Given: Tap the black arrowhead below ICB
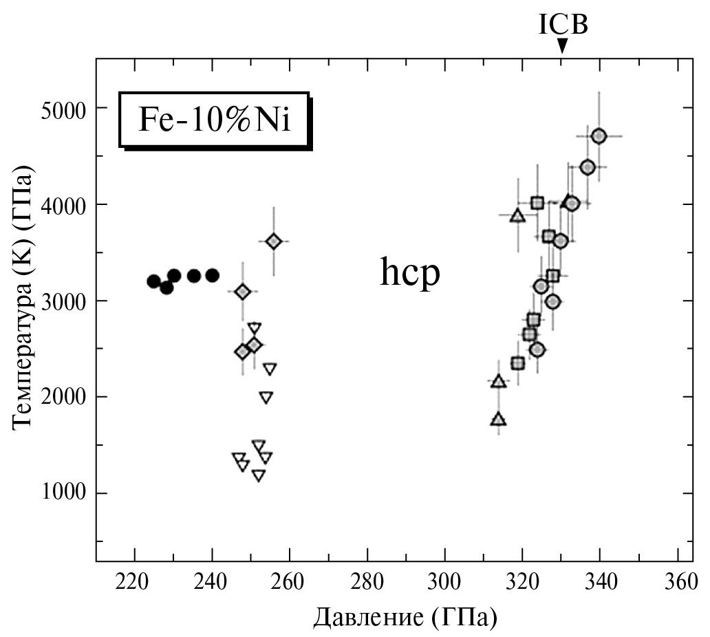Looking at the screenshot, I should click(563, 46).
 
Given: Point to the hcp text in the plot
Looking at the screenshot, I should click(410, 274).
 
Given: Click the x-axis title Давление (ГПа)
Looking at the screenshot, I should click(405, 617).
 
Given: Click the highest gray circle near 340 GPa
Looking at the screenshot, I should click(599, 136).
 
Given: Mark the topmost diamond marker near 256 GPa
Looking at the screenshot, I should click(273, 241).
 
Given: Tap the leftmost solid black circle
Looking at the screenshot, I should click(153, 281).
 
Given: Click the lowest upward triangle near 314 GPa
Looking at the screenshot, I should click(499, 419).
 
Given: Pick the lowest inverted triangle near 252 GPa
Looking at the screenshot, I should click(259, 475).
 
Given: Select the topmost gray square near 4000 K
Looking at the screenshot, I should click(537, 203).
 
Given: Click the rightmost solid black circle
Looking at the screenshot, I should click(212, 275).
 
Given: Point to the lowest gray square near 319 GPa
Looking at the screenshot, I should click(518, 363).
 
